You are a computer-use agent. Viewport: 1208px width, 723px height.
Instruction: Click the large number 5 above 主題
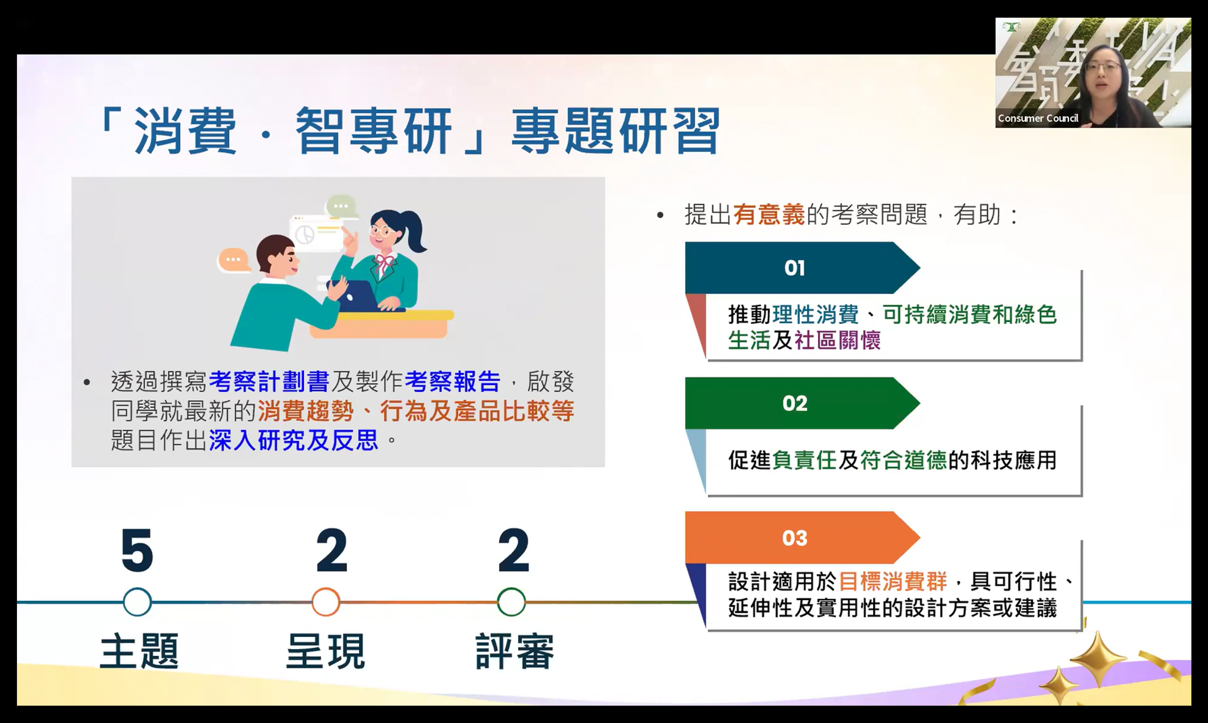click(x=137, y=550)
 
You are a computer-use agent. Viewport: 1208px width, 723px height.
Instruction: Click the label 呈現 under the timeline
click(x=325, y=651)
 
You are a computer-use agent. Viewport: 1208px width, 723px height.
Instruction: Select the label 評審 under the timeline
click(x=515, y=651)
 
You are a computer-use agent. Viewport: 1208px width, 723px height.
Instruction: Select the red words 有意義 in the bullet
click(x=769, y=215)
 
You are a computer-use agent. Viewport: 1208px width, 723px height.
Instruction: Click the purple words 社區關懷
click(x=837, y=340)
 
